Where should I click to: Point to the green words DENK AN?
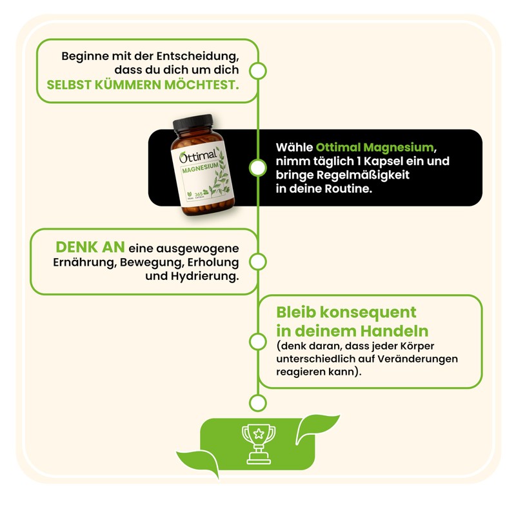[x=90, y=248]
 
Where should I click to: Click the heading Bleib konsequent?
[x=346, y=312]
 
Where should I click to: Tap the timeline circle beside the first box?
[x=257, y=70]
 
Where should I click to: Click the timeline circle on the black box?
[x=257, y=168]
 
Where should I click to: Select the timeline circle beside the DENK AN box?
[x=257, y=262]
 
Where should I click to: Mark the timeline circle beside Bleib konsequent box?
[x=257, y=342]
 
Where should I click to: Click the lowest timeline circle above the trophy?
[x=257, y=403]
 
